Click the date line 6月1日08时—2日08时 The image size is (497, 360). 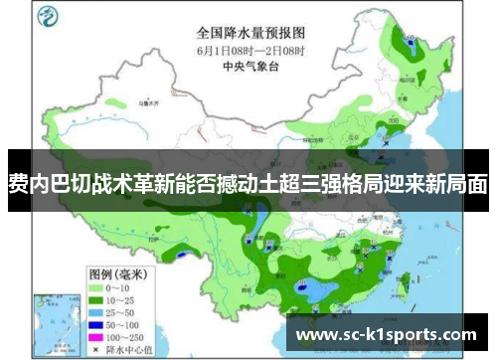click(248, 51)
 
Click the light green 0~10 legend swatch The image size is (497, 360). click(97, 261)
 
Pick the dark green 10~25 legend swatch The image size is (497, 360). click(97, 274)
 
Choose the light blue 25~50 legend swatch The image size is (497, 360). click(97, 288)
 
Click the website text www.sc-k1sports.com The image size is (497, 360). click(388, 334)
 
